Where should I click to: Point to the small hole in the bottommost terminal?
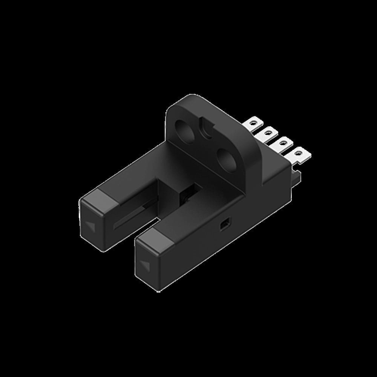(299, 153)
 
